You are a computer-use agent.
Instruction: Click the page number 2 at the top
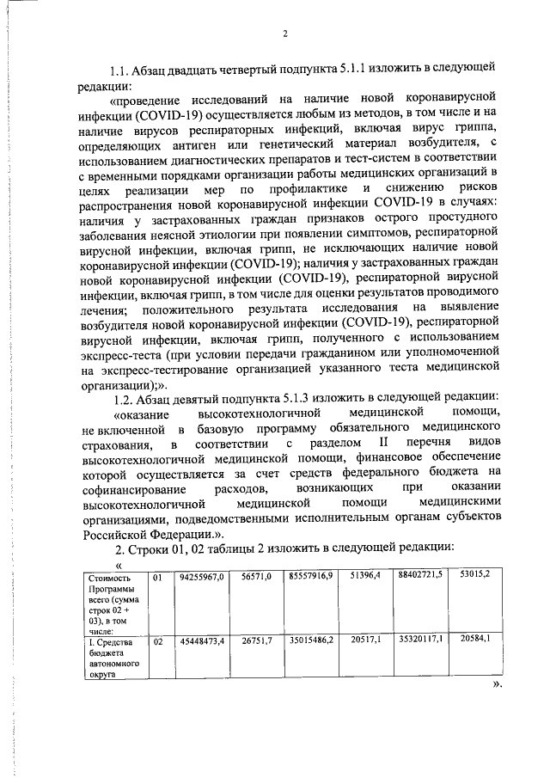click(285, 35)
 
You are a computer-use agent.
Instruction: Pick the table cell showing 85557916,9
click(311, 579)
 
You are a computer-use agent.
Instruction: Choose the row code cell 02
click(157, 640)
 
